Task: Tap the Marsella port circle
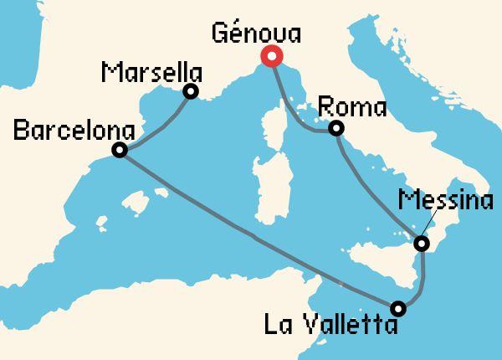(x=191, y=92)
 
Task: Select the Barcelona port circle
(x=120, y=151)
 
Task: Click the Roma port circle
(x=336, y=128)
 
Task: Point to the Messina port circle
(x=423, y=244)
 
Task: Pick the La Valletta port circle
(x=398, y=308)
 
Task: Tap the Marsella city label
(x=151, y=71)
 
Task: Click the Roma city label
(x=352, y=108)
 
